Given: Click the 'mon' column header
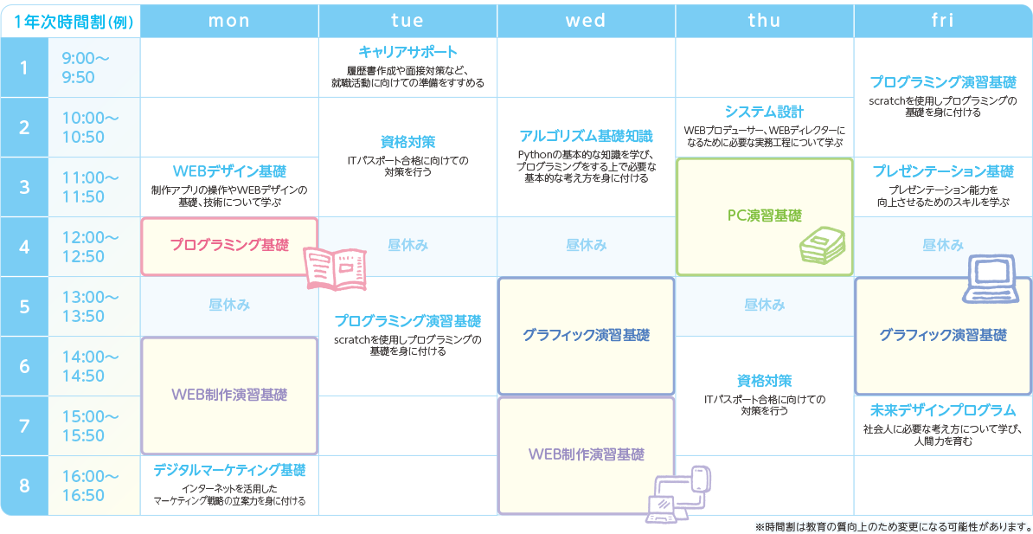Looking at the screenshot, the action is (229, 21).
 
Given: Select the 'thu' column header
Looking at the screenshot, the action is (764, 21).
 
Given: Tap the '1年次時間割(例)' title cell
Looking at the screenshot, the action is (69, 21).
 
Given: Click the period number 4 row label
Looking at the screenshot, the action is (23, 246).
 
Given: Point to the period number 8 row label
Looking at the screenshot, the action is (23, 486).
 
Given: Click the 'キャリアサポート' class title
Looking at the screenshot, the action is (407, 51).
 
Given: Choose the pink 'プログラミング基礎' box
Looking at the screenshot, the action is (229, 246).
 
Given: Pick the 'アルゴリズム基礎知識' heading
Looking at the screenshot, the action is (586, 137).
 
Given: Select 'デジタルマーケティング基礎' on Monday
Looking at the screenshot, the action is (229, 471).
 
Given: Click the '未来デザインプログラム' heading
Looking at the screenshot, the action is (943, 409).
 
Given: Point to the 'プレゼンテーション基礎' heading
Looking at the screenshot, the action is (943, 171).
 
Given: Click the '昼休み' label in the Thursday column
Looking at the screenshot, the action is (764, 306).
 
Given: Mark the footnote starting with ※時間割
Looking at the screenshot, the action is (893, 525).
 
